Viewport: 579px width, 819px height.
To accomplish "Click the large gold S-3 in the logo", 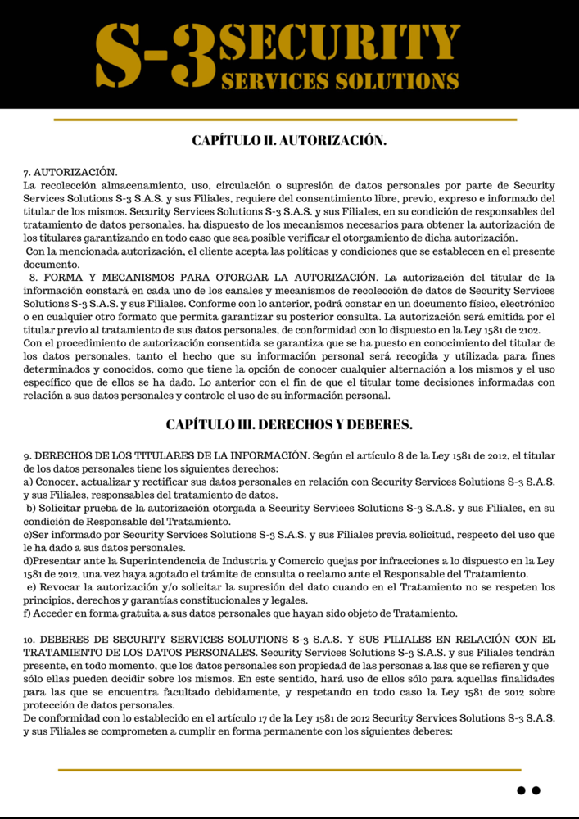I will point(156,56).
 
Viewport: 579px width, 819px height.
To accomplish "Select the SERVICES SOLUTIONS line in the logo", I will point(339,81).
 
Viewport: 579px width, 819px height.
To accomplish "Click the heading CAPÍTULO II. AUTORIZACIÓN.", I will point(289,140).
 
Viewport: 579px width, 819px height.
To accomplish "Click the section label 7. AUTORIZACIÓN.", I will point(70,173).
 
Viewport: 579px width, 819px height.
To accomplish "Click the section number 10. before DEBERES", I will point(29,638).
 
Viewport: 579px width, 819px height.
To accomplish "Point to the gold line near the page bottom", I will point(289,770).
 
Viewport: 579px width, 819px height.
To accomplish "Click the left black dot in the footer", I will point(521,790).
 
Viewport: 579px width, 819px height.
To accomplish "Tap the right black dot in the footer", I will point(536,790).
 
